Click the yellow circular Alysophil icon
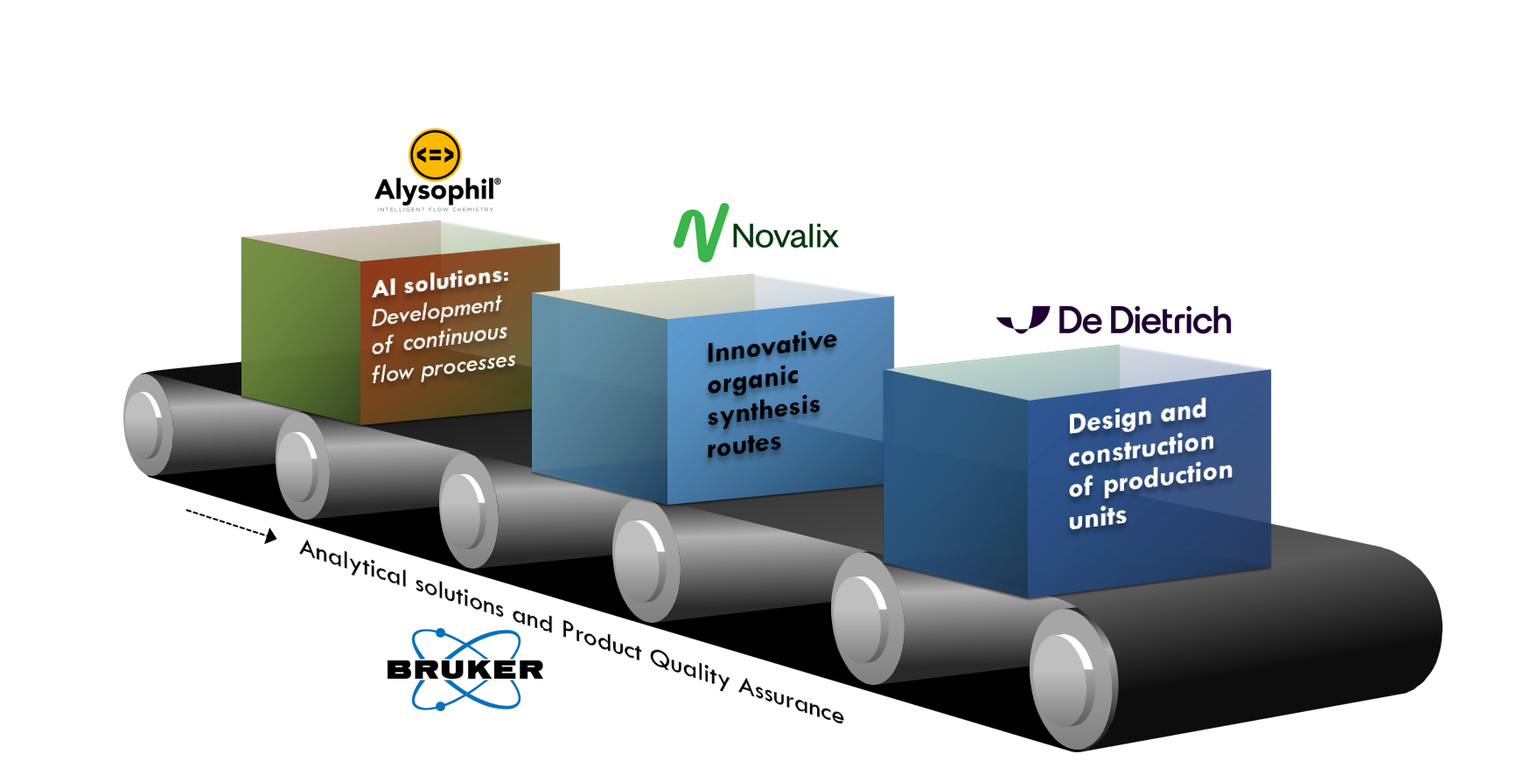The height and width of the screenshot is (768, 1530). click(435, 155)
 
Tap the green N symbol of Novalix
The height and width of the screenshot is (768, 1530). click(701, 234)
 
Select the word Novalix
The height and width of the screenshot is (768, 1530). click(785, 236)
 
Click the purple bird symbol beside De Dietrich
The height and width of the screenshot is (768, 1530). click(1023, 320)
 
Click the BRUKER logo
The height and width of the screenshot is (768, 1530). click(465, 669)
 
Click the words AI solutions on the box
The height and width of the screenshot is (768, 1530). click(440, 282)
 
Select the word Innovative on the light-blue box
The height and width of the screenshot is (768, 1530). click(772, 346)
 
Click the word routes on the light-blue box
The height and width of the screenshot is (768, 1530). click(744, 446)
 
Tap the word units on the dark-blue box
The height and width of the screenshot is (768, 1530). click(1097, 518)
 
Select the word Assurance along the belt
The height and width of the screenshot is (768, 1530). click(792, 699)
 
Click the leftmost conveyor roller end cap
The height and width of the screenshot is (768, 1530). click(147, 425)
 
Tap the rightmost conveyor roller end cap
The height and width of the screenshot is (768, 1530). click(1070, 679)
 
